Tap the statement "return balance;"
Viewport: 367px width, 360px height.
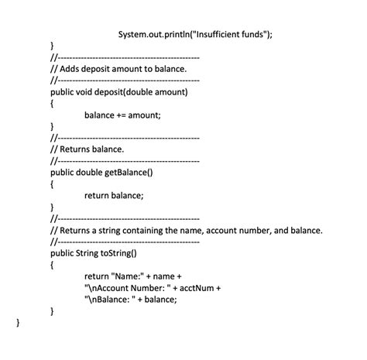(x=114, y=195)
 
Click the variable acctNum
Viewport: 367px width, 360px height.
(x=197, y=287)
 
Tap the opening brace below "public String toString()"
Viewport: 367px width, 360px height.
(x=52, y=264)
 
